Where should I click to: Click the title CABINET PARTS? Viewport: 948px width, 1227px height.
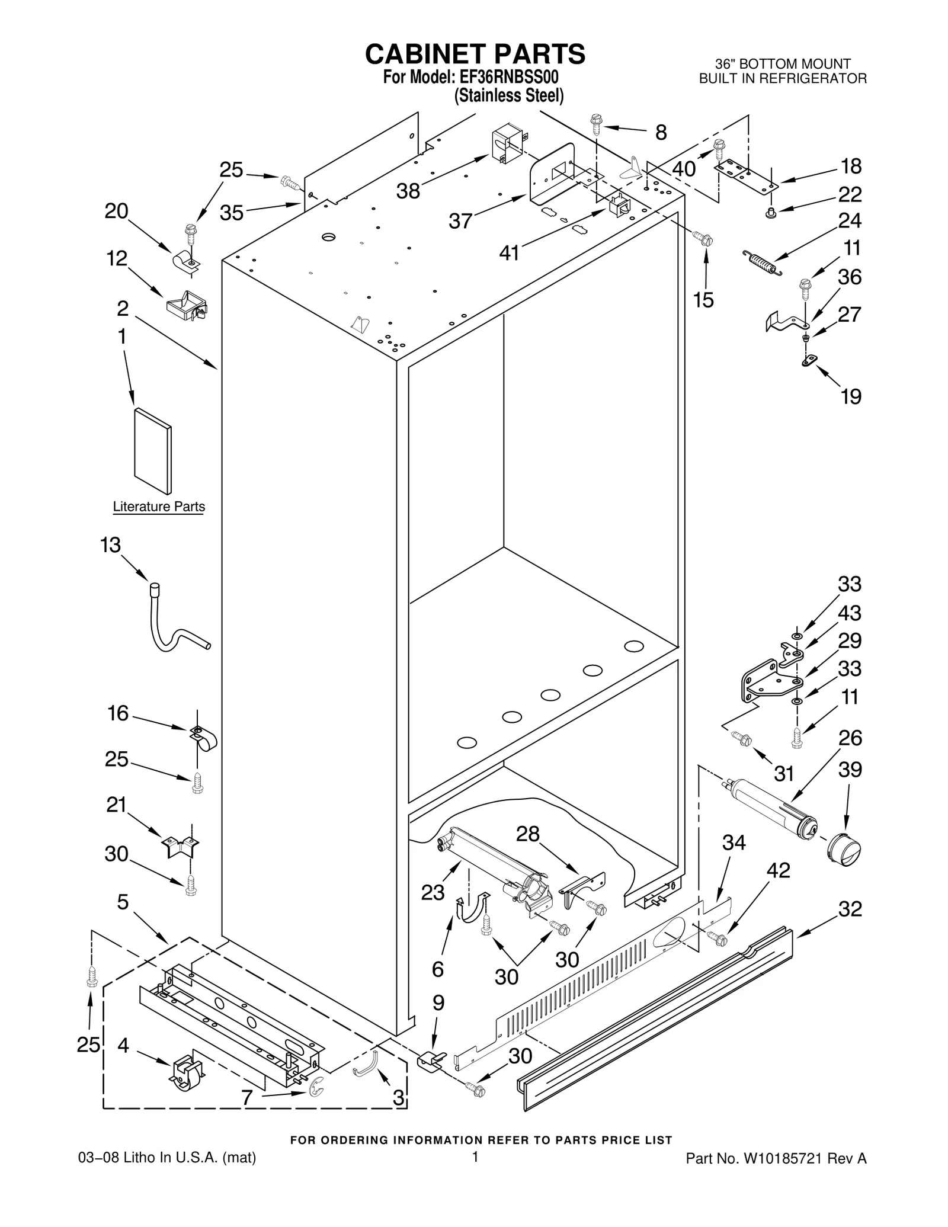pos(475,54)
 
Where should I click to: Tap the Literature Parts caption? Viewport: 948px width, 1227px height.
pos(159,507)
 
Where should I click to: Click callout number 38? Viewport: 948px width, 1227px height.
pos(408,191)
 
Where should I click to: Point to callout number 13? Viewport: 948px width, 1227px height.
pos(110,545)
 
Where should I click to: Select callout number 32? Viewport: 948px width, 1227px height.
pos(850,908)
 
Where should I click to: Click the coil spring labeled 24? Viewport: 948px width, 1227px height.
pos(761,262)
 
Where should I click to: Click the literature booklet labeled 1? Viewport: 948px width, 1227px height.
pos(153,450)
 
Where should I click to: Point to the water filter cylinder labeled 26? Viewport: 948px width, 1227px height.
pos(770,808)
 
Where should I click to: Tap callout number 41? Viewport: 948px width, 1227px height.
pos(509,253)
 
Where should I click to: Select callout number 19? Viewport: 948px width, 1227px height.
pos(851,396)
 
